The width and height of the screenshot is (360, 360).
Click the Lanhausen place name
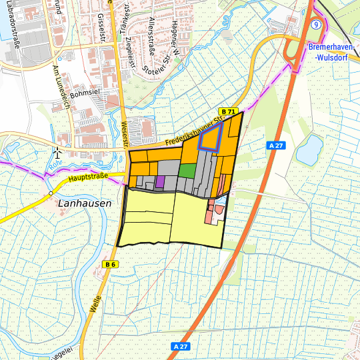pos(84,203)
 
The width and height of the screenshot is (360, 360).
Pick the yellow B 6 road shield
pos(111,265)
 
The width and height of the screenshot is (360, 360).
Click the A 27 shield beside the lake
pos(275,145)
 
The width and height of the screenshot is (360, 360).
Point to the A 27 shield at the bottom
pos(180,347)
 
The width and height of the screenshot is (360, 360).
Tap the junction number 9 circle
pos(317,24)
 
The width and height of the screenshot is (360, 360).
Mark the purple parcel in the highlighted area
pos(160,181)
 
